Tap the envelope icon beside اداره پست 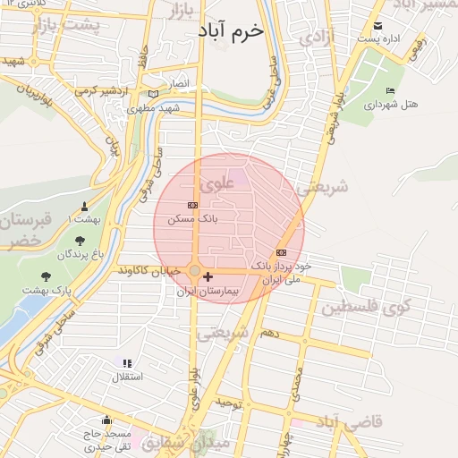click(378, 26)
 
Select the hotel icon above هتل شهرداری click(390, 91)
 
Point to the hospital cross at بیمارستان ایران click(208, 277)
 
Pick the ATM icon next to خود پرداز click(282, 252)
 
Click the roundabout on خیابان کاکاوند click(194, 270)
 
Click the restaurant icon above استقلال click(126, 363)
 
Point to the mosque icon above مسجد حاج click(106, 420)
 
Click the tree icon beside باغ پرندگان click(81, 241)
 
